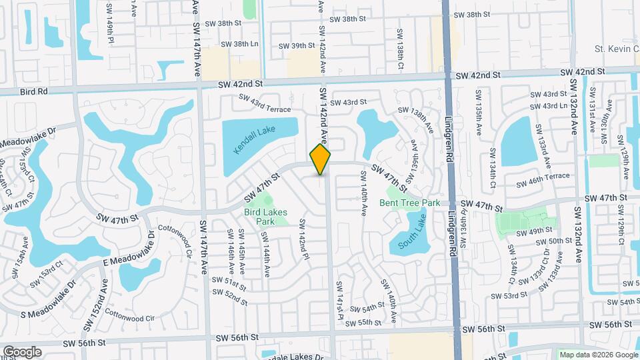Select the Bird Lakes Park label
(x=265, y=217)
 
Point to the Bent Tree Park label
(x=410, y=202)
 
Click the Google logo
(x=22, y=352)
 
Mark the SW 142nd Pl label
(x=303, y=237)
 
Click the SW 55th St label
(x=367, y=322)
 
